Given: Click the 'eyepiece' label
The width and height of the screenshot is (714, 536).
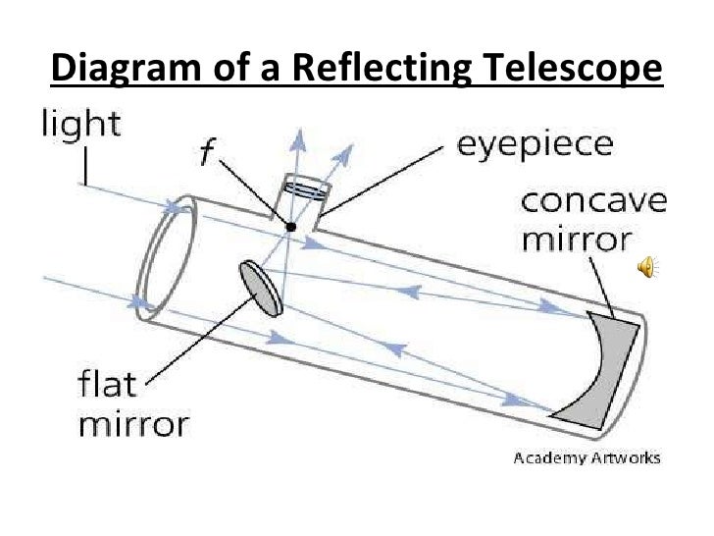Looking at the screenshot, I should click(536, 148).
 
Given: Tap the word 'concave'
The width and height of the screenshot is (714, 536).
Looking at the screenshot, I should click(592, 205).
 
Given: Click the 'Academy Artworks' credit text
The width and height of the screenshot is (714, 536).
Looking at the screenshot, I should click(587, 457).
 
